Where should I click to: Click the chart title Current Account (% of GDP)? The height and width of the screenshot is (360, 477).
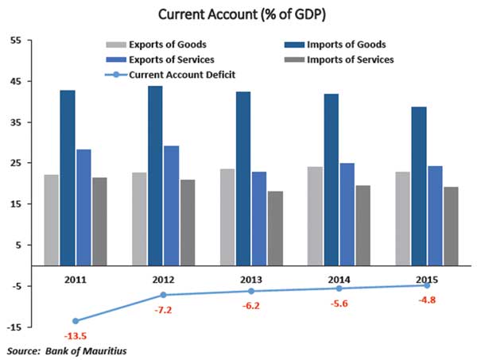coord(238,14)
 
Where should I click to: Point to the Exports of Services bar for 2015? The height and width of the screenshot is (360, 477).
coord(434,215)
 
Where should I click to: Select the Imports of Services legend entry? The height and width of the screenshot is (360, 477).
coord(350,60)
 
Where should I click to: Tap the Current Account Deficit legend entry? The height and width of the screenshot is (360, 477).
coord(179,75)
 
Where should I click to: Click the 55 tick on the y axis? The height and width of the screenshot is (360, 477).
coord(15,41)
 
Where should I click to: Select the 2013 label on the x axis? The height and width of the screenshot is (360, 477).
coord(250,280)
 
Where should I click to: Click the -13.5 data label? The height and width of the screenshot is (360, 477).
coord(76,337)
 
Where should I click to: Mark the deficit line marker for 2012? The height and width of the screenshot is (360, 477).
coord(163,295)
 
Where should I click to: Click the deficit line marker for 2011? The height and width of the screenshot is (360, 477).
coord(76,321)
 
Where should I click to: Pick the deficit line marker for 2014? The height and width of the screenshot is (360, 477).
coord(339,288)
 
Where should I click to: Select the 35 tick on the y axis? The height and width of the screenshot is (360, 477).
coord(15,122)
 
